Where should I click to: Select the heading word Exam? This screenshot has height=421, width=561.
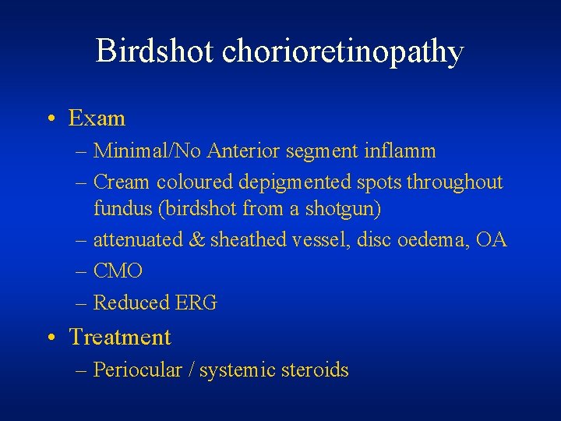(x=97, y=119)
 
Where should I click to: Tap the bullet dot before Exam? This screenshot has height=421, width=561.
(x=51, y=119)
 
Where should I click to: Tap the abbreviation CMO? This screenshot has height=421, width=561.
(x=118, y=271)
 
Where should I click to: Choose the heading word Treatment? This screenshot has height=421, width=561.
(x=120, y=338)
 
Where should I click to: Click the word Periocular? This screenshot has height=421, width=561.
(x=136, y=370)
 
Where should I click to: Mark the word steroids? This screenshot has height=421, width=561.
(x=316, y=370)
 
